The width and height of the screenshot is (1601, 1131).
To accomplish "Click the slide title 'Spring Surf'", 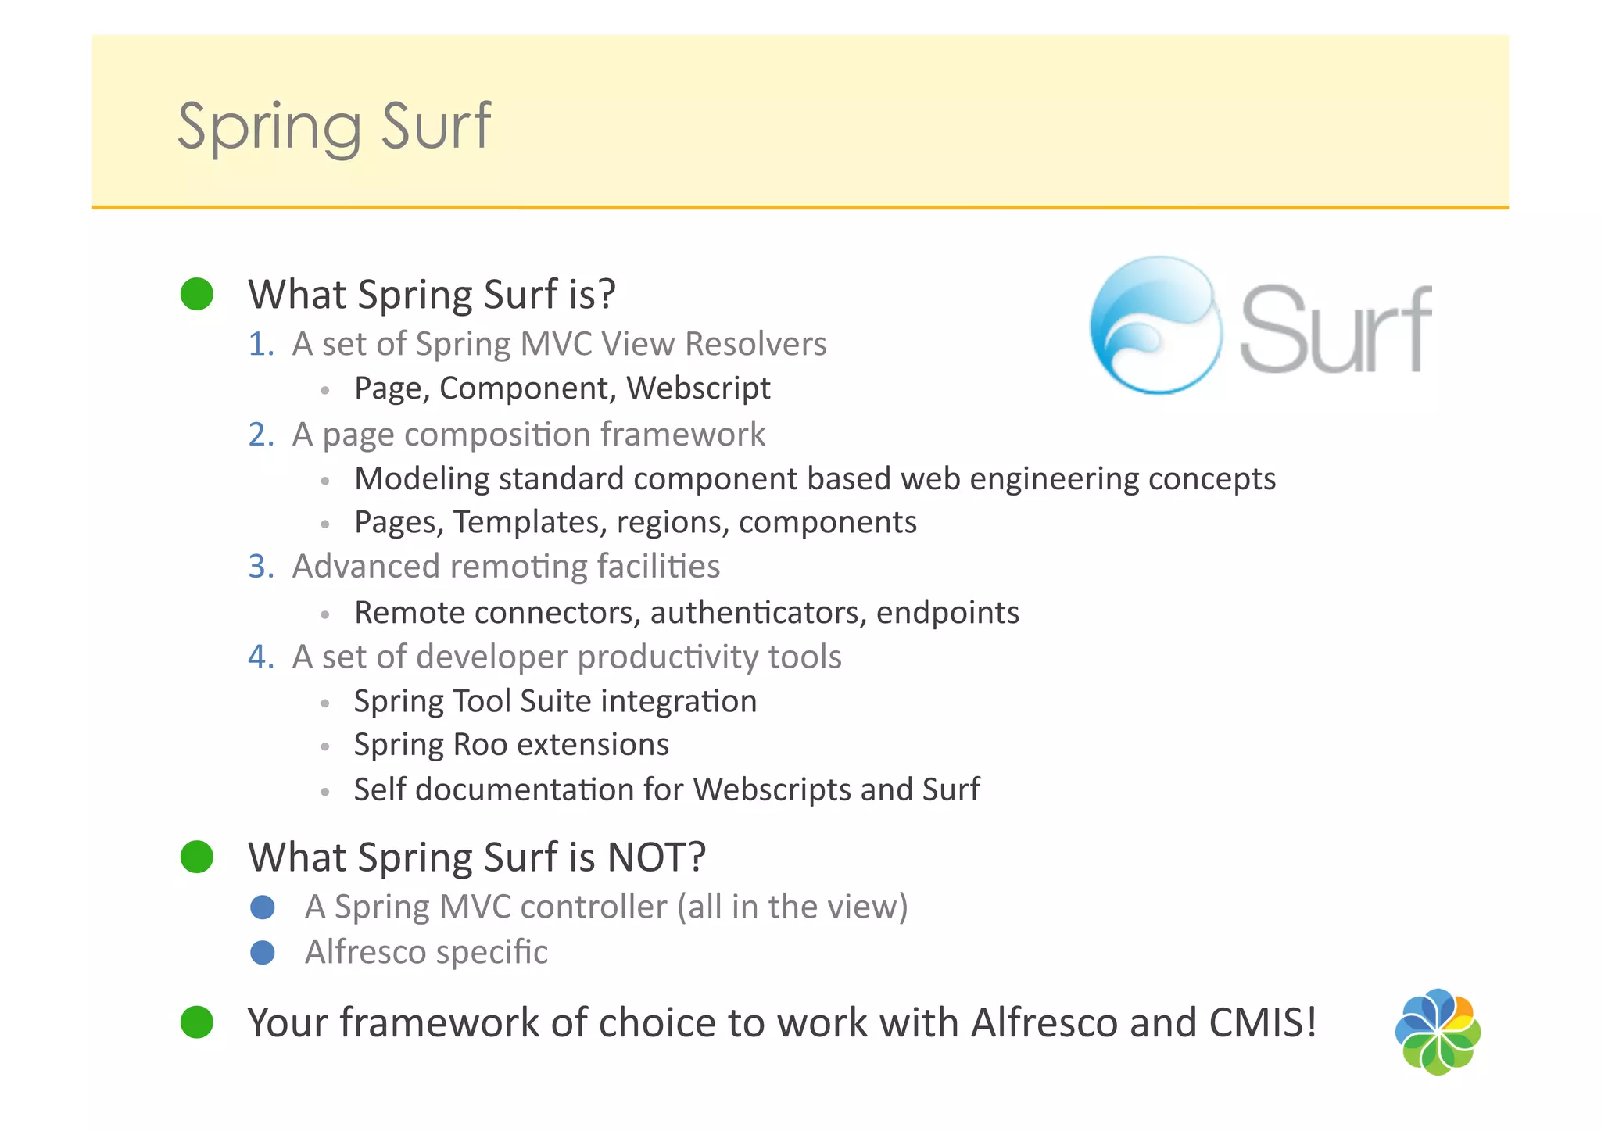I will click(334, 127).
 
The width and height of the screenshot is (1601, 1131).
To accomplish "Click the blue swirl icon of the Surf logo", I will click(1155, 325).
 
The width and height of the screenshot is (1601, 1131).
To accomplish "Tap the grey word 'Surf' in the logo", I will click(1335, 330).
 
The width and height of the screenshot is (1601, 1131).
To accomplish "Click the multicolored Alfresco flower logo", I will click(1438, 1032).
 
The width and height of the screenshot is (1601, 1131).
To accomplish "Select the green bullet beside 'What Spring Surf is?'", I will click(197, 294).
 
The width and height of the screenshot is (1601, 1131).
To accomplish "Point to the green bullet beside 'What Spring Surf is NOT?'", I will click(197, 857).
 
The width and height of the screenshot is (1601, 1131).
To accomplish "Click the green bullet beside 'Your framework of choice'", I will click(197, 1022).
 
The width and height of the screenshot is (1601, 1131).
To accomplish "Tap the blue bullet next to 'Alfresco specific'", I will click(263, 952).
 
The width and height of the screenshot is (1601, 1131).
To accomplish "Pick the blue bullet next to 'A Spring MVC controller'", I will click(263, 907).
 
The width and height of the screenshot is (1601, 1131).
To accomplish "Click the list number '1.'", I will click(261, 344).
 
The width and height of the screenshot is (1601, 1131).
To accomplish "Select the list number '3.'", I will click(261, 566).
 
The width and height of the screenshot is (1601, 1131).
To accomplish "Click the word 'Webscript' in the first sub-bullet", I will click(698, 388).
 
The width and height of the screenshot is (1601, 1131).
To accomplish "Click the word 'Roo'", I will click(480, 745).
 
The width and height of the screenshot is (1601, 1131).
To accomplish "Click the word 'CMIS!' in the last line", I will click(1263, 1022).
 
